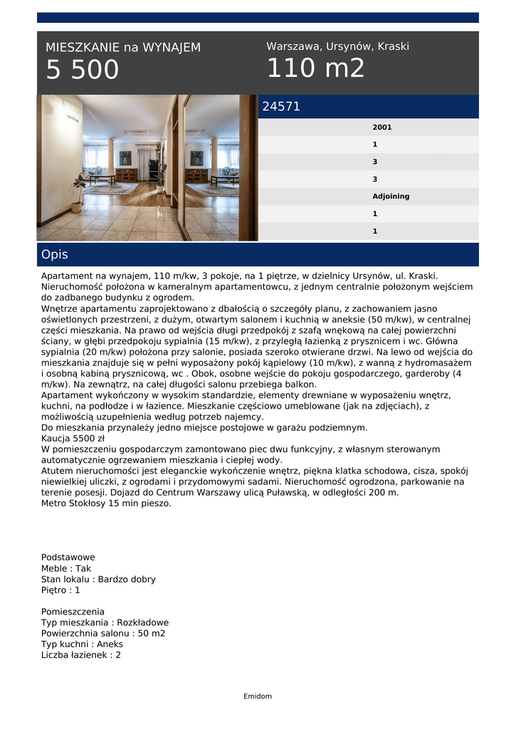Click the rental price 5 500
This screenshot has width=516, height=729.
pos(83,70)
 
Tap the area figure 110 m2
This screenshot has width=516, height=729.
pos(315,68)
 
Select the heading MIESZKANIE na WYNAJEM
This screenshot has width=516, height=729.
pos(123,48)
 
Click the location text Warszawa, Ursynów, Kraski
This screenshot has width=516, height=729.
pos(337,46)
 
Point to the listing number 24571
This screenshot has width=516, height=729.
pos(281,107)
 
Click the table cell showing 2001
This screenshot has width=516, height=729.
pos(382,127)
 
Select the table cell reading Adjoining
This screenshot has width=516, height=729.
pos(391,196)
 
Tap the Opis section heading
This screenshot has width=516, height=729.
pos(55,255)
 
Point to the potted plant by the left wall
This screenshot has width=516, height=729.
pos(77,192)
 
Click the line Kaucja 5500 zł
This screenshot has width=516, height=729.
pos(73,439)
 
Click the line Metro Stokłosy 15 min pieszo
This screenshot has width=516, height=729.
pos(106,503)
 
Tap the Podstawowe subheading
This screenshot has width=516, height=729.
pos(68,557)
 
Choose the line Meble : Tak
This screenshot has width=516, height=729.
pos(66,569)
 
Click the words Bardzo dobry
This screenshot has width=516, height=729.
pos(127,579)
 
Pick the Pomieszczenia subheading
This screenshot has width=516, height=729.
pos(73,612)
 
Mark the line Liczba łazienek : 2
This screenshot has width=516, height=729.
pos(81,655)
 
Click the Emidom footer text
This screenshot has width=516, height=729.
pos(258,696)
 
